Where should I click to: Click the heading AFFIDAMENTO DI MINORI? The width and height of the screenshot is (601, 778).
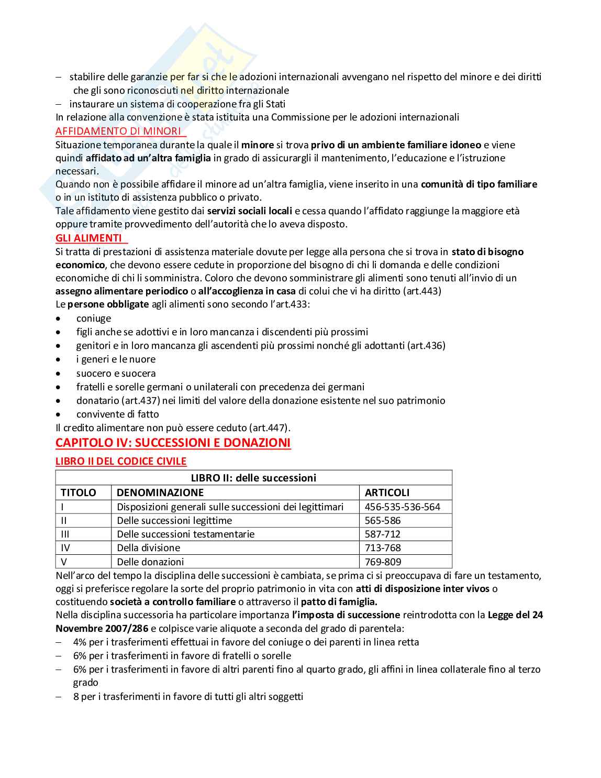[x=118, y=131]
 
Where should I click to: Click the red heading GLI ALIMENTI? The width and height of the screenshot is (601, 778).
[x=88, y=238]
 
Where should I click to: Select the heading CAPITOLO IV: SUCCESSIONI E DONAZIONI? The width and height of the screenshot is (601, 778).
[x=173, y=443]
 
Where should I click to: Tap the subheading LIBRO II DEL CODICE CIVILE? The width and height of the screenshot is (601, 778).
[x=121, y=461]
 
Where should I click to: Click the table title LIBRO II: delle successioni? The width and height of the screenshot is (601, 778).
[x=253, y=478]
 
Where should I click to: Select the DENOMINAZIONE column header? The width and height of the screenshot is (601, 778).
[x=160, y=492]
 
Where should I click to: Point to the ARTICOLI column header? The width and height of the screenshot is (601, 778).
[x=387, y=492]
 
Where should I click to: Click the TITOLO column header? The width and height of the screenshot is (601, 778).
[x=79, y=492]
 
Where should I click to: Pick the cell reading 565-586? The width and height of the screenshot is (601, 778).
[x=383, y=520]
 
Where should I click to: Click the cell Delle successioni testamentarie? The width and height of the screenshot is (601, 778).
[x=185, y=534]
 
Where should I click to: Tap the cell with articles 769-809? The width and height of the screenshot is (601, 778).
[x=383, y=562]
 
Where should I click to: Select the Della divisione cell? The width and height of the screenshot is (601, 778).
[x=148, y=547]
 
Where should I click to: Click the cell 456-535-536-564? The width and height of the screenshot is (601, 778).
[x=403, y=507]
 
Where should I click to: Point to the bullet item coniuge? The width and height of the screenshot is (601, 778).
[x=94, y=319]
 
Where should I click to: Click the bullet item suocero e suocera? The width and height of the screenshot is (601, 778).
[x=116, y=374]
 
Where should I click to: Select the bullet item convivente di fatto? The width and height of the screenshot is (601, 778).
[x=117, y=414]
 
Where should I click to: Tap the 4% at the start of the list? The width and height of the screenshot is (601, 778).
[x=80, y=642]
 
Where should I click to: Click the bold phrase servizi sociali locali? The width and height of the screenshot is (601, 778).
[x=250, y=211]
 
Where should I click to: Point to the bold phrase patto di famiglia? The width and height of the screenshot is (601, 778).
[x=339, y=601]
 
